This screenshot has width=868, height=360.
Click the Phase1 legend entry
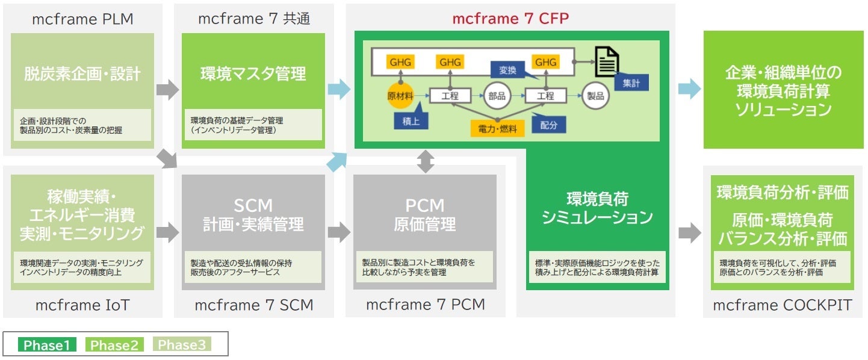(47, 345)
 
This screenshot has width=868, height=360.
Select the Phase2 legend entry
(114, 345)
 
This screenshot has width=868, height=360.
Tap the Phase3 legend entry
(182, 345)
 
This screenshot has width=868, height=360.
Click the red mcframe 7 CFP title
(511, 18)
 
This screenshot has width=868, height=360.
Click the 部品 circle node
(497, 96)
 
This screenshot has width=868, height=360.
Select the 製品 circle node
(595, 96)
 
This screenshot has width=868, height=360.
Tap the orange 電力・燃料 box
(497, 128)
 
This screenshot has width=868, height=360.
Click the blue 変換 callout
(507, 70)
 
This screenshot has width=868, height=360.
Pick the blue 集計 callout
(631, 83)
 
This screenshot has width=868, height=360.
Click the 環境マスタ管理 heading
(253, 74)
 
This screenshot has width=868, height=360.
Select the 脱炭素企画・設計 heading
(82, 74)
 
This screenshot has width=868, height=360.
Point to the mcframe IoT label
(82, 305)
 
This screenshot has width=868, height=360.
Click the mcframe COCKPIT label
(782, 305)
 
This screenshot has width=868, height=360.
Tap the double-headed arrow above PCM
(426, 162)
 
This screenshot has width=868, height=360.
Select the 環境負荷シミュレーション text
(597, 208)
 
